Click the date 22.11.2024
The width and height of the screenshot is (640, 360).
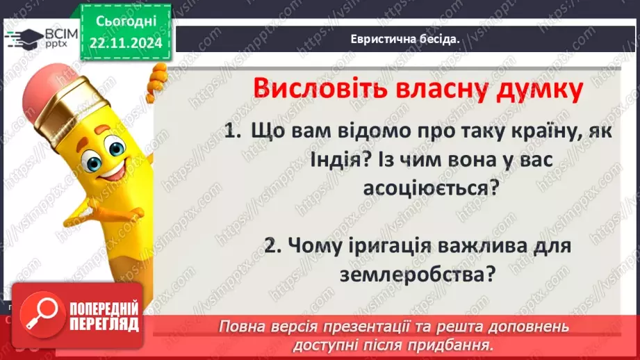click(126, 43)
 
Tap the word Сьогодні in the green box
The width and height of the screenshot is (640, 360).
click(126, 23)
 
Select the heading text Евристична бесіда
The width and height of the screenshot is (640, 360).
click(406, 39)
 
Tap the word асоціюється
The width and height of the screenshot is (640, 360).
click(431, 188)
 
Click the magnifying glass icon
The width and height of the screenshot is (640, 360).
click(40, 315)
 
